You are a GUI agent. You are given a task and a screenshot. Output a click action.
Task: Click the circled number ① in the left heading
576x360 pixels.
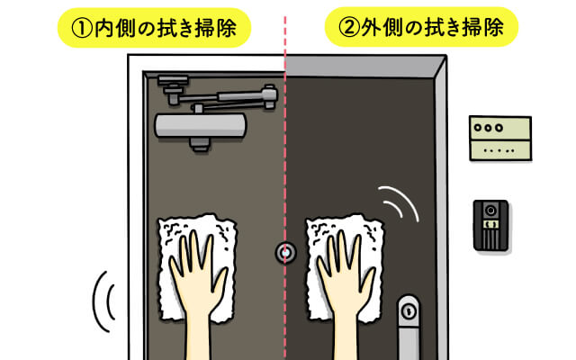tap(82, 29)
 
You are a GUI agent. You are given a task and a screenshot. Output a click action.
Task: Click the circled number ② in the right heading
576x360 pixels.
tap(349, 28)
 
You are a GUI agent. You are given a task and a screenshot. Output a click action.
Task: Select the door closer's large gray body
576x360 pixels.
tap(201, 126)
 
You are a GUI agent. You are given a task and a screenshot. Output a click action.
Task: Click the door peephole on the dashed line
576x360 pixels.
tap(285, 252)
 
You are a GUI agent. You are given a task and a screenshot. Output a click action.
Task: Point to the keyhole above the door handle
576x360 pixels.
tap(409, 311)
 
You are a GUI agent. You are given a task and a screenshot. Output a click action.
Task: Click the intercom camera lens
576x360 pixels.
tap(490, 211)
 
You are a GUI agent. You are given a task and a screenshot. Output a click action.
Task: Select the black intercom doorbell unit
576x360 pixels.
tap(490, 226)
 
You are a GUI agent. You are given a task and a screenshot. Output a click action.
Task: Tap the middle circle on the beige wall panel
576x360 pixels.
tap(488, 128)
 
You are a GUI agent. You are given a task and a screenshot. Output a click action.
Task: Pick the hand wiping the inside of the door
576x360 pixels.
tap(197, 286)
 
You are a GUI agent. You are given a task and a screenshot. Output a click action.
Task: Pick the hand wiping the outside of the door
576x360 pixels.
tap(346, 286)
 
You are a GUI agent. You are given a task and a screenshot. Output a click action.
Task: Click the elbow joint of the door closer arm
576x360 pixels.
tap(270, 94)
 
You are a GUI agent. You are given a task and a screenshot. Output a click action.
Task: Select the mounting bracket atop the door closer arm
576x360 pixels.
tap(173, 80)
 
